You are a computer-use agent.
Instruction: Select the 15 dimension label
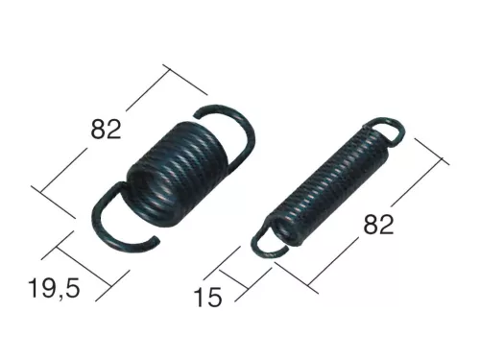pos(208,297)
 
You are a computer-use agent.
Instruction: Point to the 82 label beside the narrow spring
pos(379,225)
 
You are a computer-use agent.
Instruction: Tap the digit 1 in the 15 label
pos(200,297)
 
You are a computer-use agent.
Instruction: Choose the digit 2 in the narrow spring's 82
pos(389,225)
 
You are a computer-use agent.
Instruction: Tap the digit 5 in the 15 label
pos(216,297)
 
